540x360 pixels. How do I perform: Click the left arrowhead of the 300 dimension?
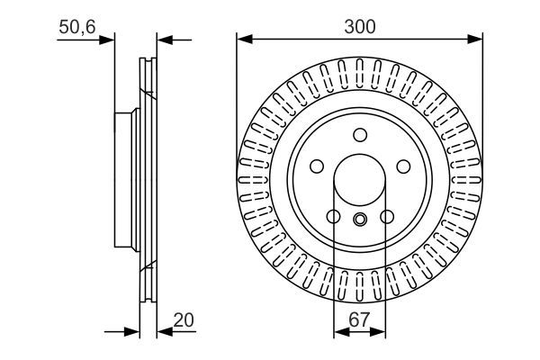pos(244,39)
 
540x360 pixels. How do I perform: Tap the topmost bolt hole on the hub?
pos(360,136)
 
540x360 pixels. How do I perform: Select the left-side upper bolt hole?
pos(317,167)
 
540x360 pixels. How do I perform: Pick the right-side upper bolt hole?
pos(403,167)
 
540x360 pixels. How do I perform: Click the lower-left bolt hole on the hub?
pos(333,217)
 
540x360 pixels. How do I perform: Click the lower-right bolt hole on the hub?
pos(387,217)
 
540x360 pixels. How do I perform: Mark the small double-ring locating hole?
pos(360,220)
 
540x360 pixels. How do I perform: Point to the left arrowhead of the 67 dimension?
pos(339,332)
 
